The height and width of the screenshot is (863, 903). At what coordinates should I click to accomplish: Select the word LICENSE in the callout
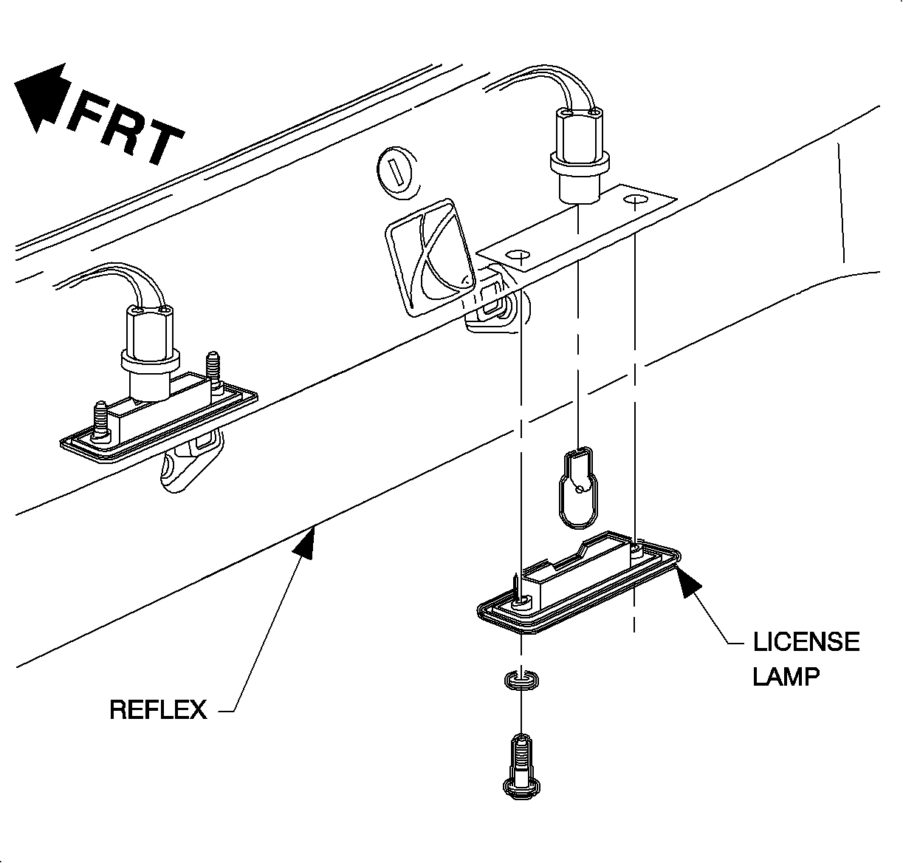(806, 641)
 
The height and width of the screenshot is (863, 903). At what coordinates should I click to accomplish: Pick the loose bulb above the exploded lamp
(579, 487)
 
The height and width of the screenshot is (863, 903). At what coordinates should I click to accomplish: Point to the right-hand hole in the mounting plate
(634, 200)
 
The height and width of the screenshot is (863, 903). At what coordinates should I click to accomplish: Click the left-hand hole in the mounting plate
(520, 256)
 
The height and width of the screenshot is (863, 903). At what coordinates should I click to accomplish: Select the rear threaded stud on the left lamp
(214, 369)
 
